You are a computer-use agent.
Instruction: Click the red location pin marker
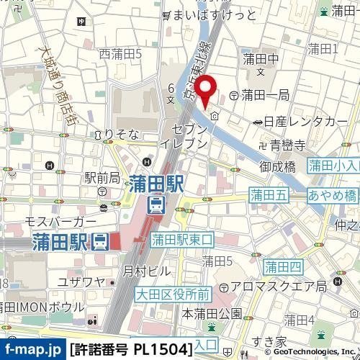point(207,91)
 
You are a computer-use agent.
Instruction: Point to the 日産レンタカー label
point(305,122)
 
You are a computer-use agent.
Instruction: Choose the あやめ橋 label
point(332,196)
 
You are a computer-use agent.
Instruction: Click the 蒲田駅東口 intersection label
point(184,238)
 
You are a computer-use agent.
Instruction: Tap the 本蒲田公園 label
point(212,313)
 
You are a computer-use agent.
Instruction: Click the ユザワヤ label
point(81,281)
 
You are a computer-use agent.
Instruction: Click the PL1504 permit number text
point(163,350)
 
